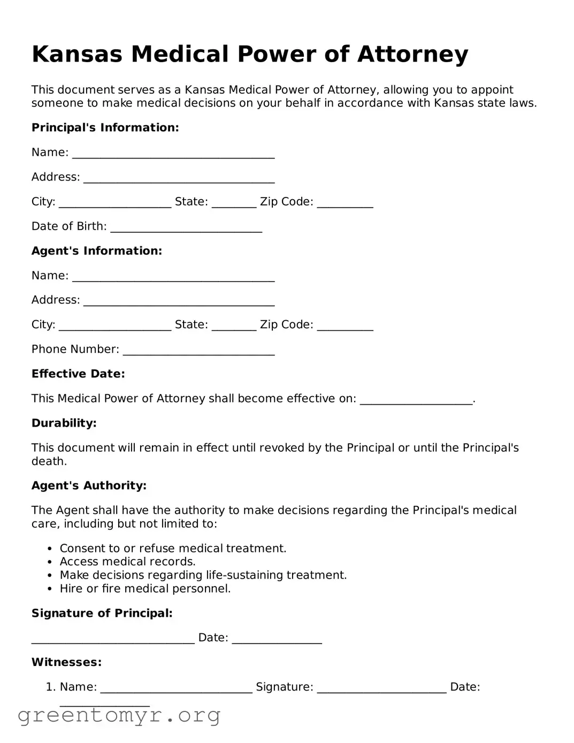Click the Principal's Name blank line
pos(173,154)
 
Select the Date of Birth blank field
pos(186,228)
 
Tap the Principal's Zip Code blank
pos(345,203)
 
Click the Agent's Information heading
pos(96,251)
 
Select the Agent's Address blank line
pos(179,302)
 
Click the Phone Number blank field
pos(198,351)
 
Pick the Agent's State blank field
pos(234,327)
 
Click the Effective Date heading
pos(78,374)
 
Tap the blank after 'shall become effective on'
pos(416,400)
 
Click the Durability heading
pos(64,423)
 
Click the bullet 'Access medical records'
pos(127,562)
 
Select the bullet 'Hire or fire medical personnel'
pos(145,588)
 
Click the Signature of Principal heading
pos(102,613)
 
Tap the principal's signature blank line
pos(113,639)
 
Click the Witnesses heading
pos(66,662)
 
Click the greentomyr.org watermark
pos(119,715)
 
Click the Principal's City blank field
pos(115,203)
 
